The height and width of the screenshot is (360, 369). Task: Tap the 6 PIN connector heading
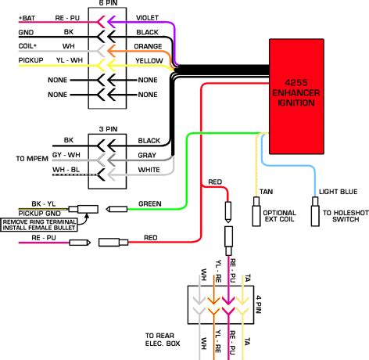pos(109,4)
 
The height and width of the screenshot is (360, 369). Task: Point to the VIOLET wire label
pos(148,16)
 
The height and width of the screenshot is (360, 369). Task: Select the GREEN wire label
pos(149,204)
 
